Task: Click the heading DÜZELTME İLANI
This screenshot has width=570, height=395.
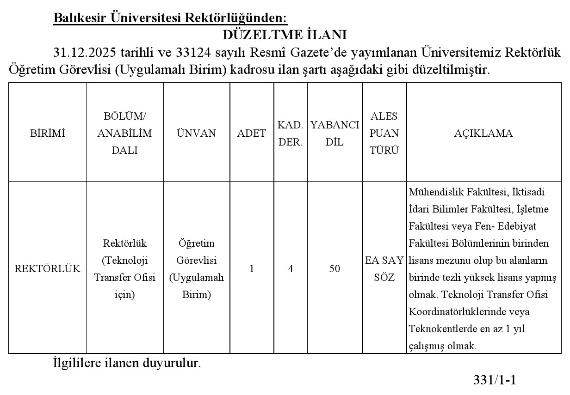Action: tap(285, 35)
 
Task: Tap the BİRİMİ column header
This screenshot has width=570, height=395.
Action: tap(47, 134)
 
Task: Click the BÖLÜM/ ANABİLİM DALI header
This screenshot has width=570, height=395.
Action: tap(124, 134)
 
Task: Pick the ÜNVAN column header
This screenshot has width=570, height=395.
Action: tap(196, 134)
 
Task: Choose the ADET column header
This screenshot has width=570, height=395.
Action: tap(252, 134)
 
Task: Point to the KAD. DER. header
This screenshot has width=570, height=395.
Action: tap(290, 134)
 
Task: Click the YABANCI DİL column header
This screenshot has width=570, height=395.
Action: tap(335, 134)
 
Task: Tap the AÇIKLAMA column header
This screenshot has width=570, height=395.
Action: tap(483, 134)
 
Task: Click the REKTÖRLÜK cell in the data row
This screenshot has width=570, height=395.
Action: tap(47, 268)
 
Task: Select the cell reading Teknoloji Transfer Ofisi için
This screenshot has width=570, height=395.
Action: tap(124, 269)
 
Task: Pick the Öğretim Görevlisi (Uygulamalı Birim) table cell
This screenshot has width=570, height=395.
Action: tap(196, 269)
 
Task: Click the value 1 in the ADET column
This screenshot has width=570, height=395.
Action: tap(252, 268)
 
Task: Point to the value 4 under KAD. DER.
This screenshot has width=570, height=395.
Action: tap(290, 268)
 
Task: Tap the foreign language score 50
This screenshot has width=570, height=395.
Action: tap(335, 268)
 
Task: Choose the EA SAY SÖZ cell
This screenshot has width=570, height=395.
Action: tap(384, 269)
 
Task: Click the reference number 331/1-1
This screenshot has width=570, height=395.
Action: tap(494, 380)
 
